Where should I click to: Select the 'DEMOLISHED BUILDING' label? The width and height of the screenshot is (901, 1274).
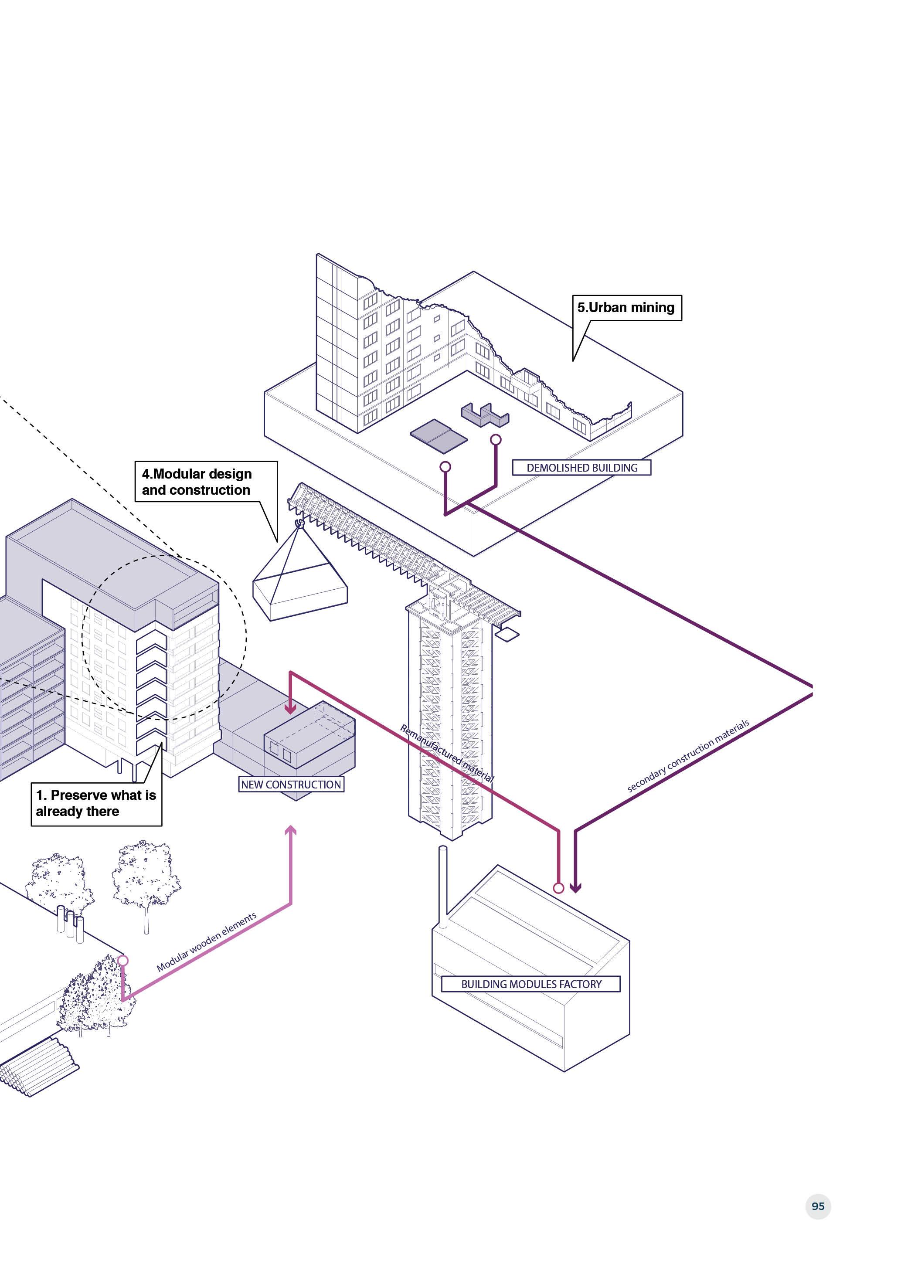point(581,468)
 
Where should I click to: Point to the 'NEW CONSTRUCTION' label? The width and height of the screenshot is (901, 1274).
point(291,784)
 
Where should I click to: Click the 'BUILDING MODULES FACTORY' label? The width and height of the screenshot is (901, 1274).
point(531,984)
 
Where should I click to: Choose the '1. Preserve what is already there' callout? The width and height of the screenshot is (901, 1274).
point(96,803)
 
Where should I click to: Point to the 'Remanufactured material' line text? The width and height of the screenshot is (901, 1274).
point(447,753)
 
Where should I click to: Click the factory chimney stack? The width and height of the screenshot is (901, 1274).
point(443,887)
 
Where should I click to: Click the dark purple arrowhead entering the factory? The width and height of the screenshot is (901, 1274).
point(575,887)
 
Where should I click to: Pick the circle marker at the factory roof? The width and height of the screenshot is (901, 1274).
point(559,888)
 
